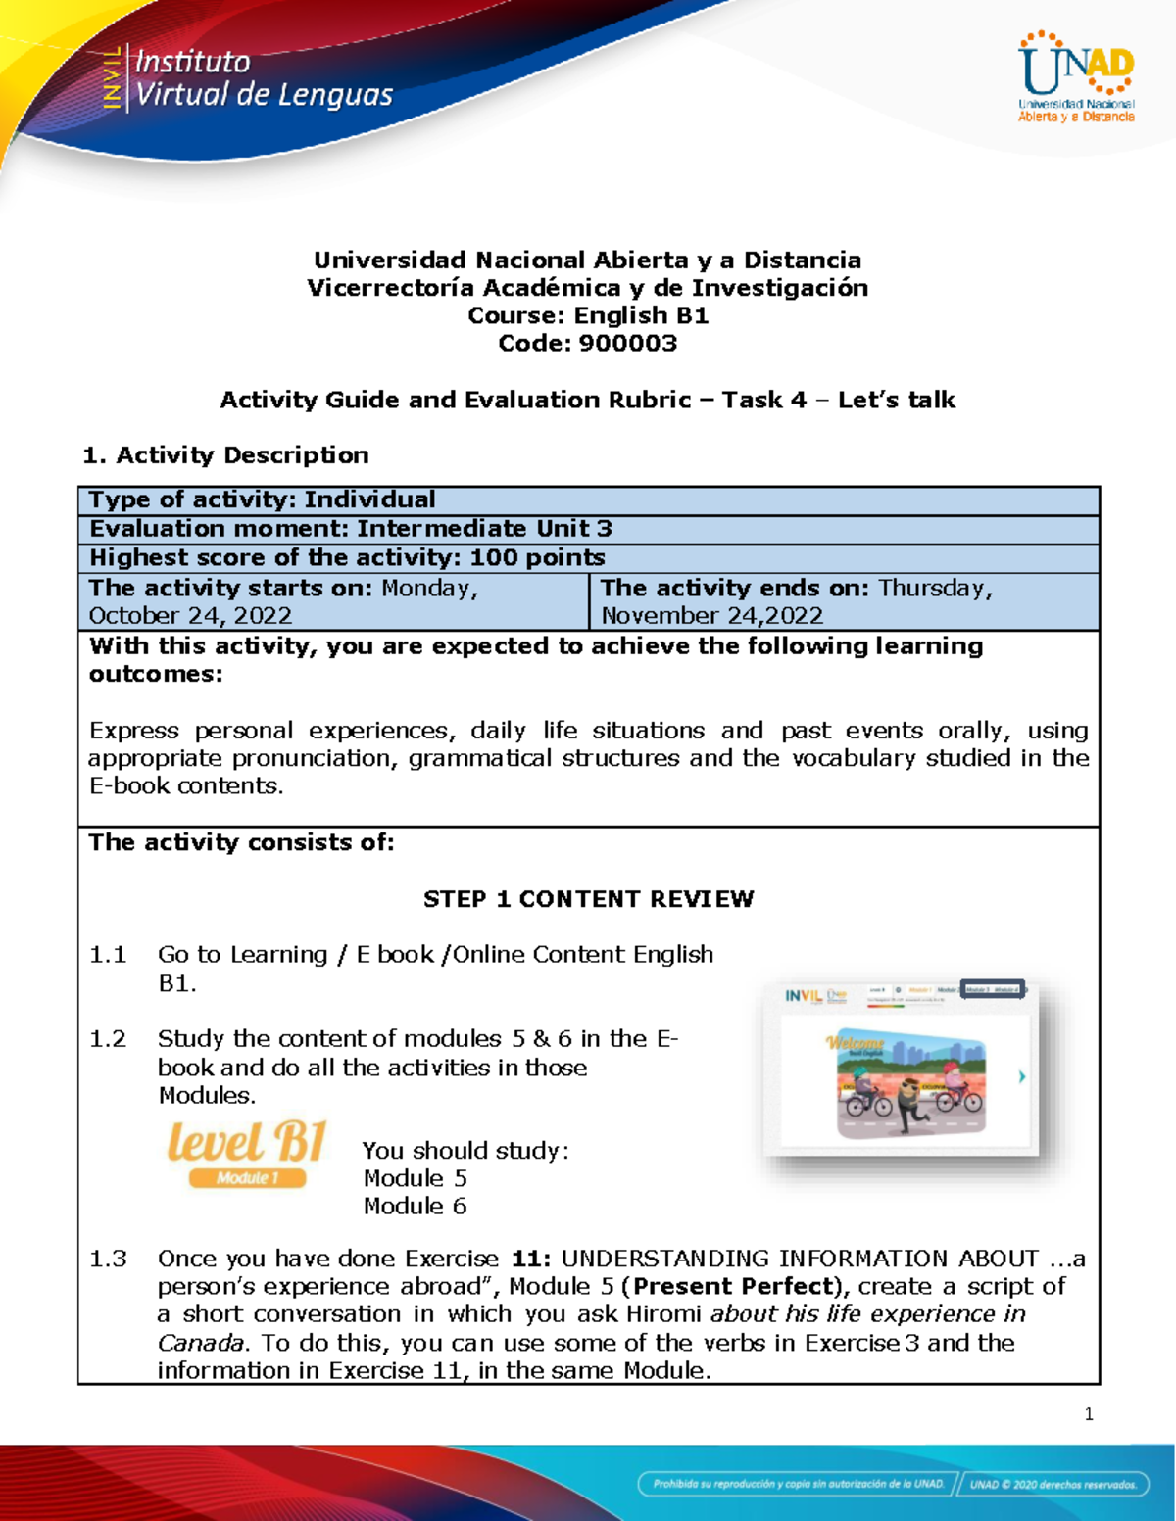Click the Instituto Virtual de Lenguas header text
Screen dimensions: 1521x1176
(262, 78)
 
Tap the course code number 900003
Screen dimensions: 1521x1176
(627, 343)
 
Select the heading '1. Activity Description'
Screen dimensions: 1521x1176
(225, 455)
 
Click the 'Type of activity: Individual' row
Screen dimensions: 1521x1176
(262, 499)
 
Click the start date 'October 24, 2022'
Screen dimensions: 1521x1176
(190, 615)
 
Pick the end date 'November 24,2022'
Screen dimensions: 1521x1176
(711, 615)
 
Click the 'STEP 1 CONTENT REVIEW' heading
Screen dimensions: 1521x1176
(588, 899)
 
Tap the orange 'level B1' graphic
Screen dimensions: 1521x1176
(246, 1142)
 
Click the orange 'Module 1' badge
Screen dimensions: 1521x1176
(247, 1178)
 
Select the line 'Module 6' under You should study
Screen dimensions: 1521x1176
(415, 1206)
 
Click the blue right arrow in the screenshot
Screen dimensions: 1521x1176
(1022, 1076)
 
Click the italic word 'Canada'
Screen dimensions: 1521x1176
(202, 1342)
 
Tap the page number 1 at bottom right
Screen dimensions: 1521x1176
(1089, 1414)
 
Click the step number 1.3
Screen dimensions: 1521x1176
(108, 1259)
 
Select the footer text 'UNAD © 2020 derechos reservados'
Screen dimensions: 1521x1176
(1053, 1484)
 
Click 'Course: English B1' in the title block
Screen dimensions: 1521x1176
(588, 315)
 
